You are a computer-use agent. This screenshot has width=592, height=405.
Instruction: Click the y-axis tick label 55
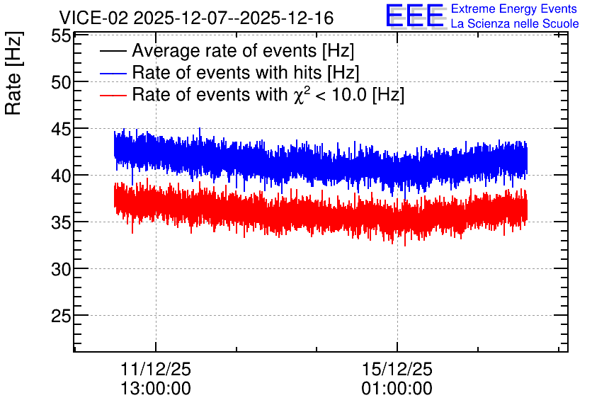coord(61,36)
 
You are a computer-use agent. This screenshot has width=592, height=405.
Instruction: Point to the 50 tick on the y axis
coord(61,82)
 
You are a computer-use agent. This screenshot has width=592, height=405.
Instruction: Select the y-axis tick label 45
coord(61,129)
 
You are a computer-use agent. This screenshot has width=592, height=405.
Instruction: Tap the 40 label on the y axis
coord(61,176)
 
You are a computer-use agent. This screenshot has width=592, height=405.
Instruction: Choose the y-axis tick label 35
coord(61,223)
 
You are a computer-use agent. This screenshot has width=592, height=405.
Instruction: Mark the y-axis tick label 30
coord(61,270)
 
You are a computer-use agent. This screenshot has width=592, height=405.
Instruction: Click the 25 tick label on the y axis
coord(61,316)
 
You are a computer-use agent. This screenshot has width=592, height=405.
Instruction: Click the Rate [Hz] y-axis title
coord(13,73)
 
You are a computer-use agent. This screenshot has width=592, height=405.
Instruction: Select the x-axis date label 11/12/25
coord(156,369)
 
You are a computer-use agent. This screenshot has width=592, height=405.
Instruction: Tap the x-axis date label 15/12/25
coord(397,369)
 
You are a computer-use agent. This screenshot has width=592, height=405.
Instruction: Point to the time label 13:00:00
coord(156,389)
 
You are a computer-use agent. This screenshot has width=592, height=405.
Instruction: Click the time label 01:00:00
coord(397,389)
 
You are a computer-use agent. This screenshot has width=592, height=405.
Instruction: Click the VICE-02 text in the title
coord(94,18)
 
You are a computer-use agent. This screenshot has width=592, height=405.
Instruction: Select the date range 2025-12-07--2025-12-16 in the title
coord(234,18)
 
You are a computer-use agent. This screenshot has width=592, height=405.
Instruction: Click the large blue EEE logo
coord(414,16)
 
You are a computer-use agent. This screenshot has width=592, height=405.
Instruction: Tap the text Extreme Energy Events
coord(514,8)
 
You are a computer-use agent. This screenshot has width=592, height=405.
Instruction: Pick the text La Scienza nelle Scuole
coord(515,23)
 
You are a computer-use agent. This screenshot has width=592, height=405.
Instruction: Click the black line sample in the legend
coord(113,51)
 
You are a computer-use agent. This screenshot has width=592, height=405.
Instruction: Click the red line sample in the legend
coord(113,95)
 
